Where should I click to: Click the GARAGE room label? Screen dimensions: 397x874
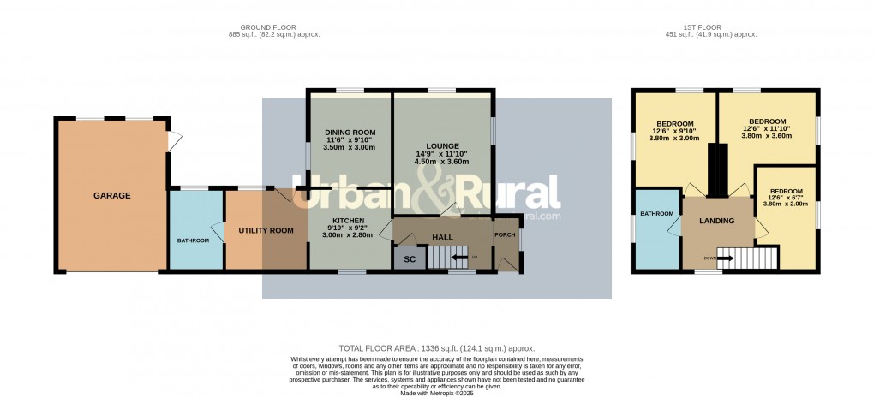click(x=112, y=196)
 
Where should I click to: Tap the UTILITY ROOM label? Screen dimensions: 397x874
click(x=266, y=230)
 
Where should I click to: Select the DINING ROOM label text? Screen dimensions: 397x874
click(x=350, y=132)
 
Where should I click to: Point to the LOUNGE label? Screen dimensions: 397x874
click(x=442, y=145)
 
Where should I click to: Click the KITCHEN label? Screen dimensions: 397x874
click(x=349, y=220)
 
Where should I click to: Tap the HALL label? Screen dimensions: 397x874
click(x=442, y=237)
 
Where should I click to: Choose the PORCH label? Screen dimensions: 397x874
click(x=505, y=235)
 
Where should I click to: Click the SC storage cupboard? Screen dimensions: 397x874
click(x=409, y=259)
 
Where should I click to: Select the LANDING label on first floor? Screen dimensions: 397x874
click(x=717, y=221)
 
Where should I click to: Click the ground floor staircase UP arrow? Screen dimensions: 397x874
click(x=461, y=257)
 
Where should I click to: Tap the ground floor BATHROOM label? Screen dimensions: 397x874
click(x=193, y=240)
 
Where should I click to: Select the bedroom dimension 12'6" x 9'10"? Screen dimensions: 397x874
click(x=673, y=130)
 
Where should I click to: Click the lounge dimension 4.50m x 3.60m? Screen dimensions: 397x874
click(x=442, y=161)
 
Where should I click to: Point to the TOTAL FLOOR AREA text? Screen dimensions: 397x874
click(x=437, y=348)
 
